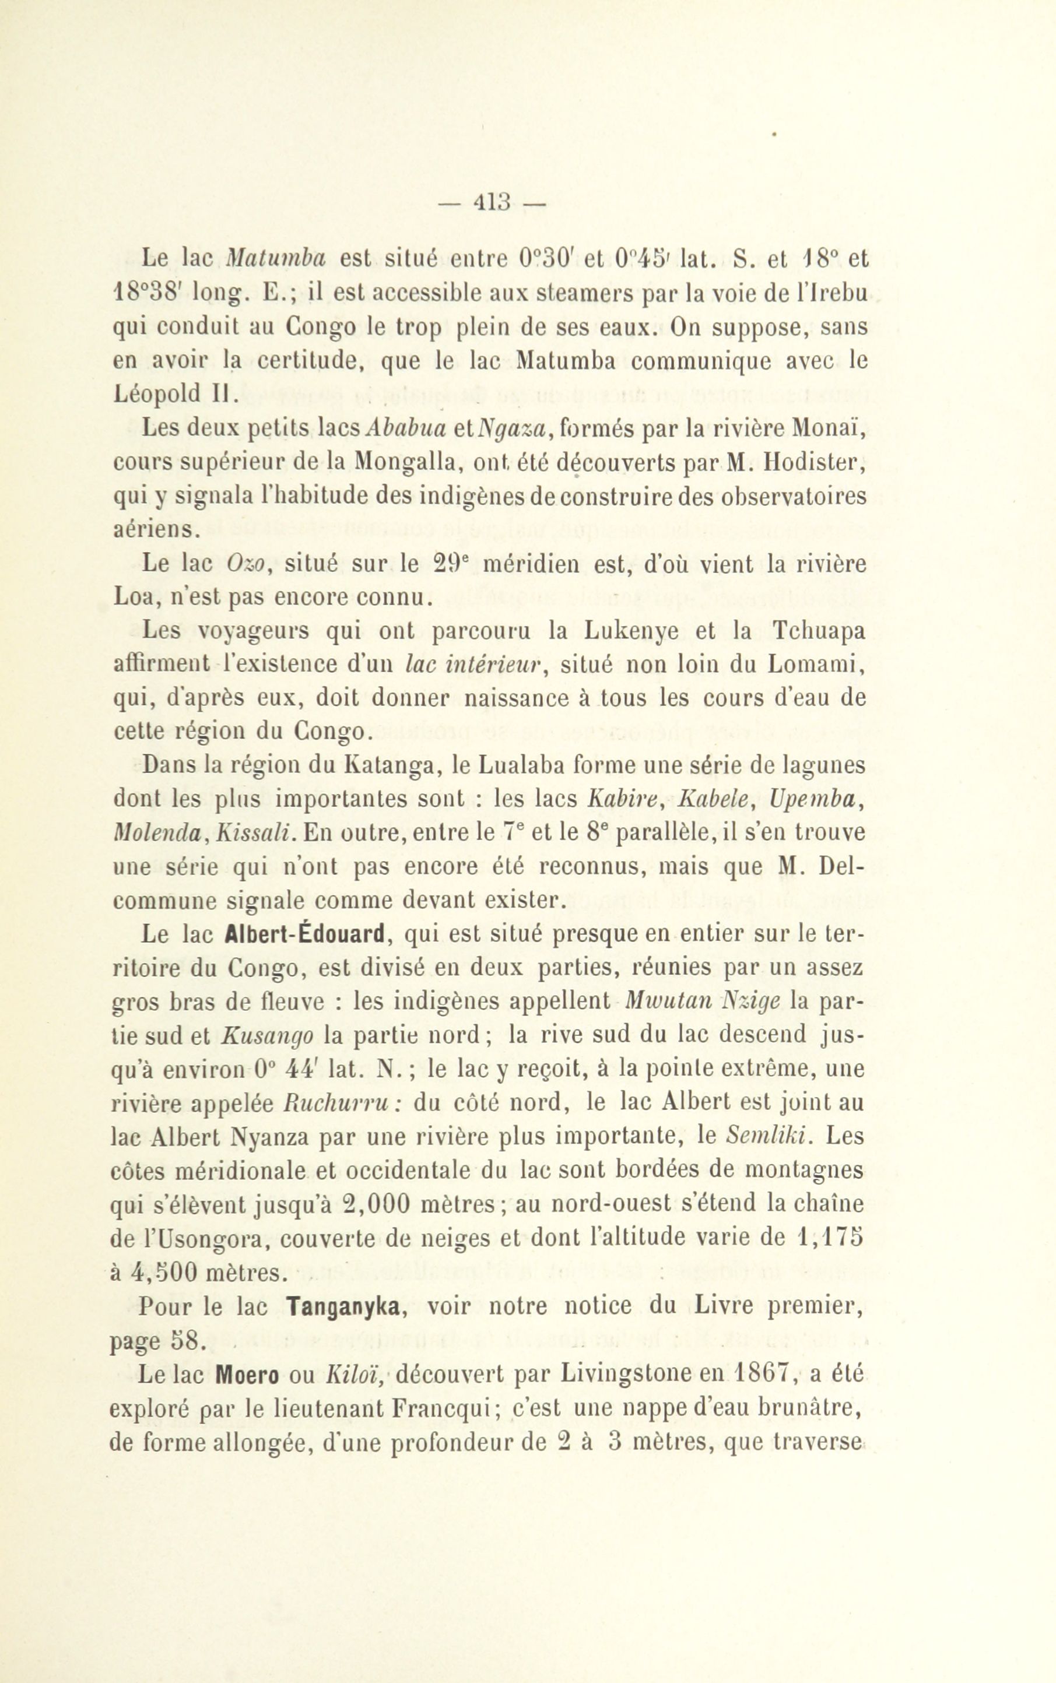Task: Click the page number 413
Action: [493, 202]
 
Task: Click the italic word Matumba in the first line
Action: [276, 258]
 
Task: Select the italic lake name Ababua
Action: [406, 429]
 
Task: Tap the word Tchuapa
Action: [819, 631]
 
